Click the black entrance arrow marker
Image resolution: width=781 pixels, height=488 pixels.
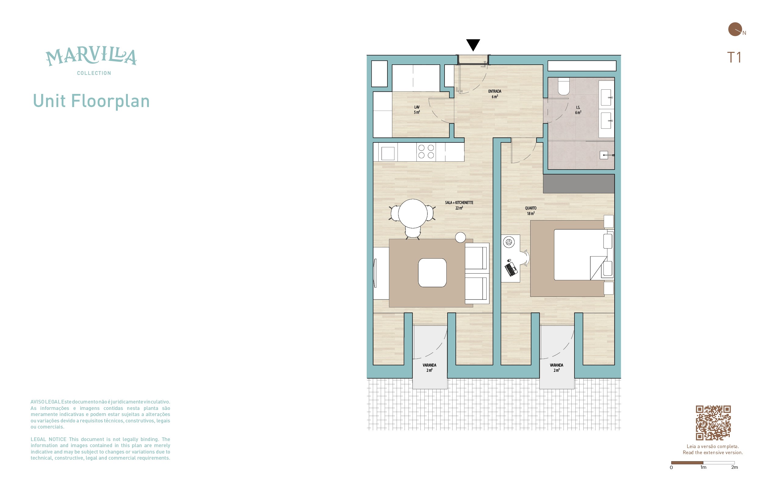(473, 45)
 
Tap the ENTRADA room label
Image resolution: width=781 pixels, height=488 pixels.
(495, 91)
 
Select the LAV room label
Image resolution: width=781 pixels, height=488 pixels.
(417, 107)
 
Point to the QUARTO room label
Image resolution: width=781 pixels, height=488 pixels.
(531, 208)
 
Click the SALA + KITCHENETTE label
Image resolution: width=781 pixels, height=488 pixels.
(459, 203)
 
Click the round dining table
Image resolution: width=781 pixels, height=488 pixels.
(413, 214)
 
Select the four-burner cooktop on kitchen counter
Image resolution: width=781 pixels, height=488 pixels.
(426, 152)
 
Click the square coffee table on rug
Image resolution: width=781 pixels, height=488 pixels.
(432, 273)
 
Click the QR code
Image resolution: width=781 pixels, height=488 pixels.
(713, 423)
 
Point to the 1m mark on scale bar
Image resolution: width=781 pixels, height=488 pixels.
(703, 467)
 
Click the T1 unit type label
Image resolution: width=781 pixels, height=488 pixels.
(734, 57)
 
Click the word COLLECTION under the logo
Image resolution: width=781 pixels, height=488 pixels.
(94, 73)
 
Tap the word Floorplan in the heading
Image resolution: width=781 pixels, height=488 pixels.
(110, 101)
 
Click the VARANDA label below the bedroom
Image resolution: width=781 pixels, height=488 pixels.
(556, 365)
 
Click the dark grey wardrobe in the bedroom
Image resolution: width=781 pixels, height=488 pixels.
(579, 184)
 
